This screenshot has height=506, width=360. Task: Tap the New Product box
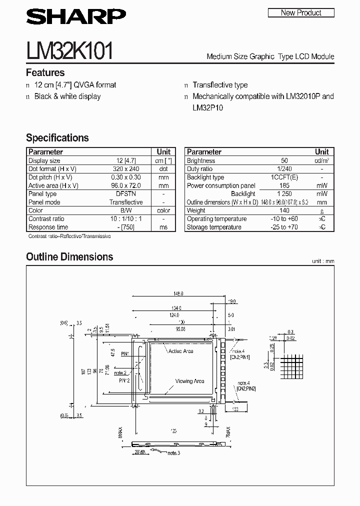click(x=301, y=13)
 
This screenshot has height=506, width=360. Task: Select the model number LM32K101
click(x=70, y=51)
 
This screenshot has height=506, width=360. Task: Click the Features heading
click(x=45, y=72)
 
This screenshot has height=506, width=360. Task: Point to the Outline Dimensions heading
click(x=69, y=257)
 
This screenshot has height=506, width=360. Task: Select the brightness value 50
click(x=284, y=161)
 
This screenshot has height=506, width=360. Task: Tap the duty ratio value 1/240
click(x=284, y=169)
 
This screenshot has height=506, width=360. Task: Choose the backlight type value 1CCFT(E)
click(x=284, y=177)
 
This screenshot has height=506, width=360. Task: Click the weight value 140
click(x=284, y=210)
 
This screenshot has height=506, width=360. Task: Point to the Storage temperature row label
click(x=214, y=227)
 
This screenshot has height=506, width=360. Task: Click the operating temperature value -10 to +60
click(x=284, y=219)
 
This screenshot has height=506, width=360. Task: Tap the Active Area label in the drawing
click(x=181, y=351)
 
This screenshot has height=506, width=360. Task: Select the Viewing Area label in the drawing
click(x=189, y=381)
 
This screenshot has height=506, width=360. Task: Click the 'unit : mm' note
click(x=322, y=261)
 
